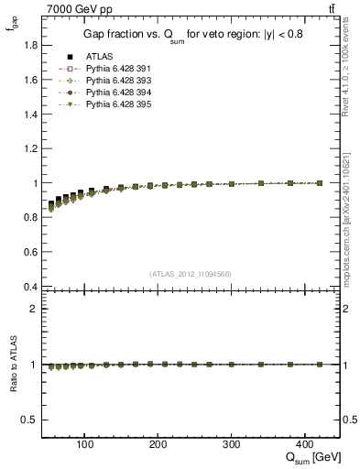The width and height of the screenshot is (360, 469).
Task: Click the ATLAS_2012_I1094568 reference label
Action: point(191,273)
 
